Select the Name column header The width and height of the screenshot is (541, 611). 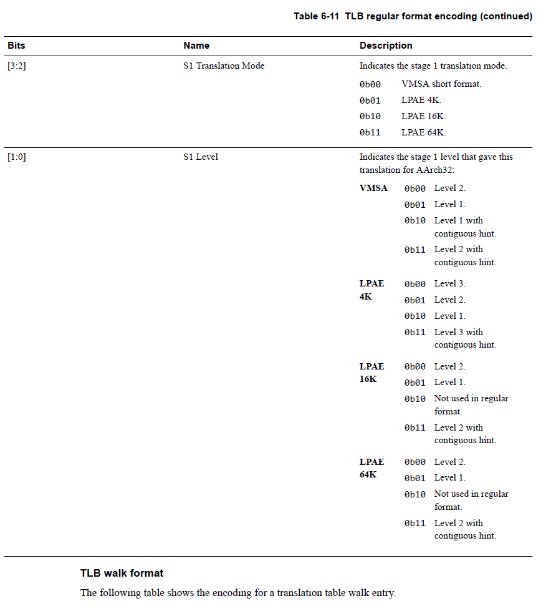click(x=196, y=46)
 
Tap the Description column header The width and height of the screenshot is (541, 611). click(x=386, y=46)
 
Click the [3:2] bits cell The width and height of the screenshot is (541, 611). click(x=17, y=66)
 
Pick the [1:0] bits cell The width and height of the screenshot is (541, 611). click(x=17, y=157)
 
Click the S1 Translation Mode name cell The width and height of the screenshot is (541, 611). click(x=224, y=66)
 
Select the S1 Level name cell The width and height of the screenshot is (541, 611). click(x=201, y=157)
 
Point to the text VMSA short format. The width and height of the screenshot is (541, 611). click(x=441, y=84)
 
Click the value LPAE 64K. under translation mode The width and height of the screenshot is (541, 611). click(x=424, y=132)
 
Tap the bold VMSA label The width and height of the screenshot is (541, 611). click(x=373, y=188)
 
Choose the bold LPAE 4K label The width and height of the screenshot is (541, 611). click(x=371, y=290)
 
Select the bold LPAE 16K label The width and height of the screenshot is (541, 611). click(x=371, y=373)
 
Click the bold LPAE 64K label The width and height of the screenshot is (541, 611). click(x=371, y=468)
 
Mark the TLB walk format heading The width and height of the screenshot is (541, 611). click(x=122, y=573)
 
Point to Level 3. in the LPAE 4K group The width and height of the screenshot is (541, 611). click(x=450, y=283)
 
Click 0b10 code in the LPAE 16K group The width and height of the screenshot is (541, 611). click(x=414, y=399)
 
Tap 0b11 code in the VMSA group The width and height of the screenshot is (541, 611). click(x=414, y=250)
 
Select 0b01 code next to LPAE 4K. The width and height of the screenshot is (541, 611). click(x=414, y=300)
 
